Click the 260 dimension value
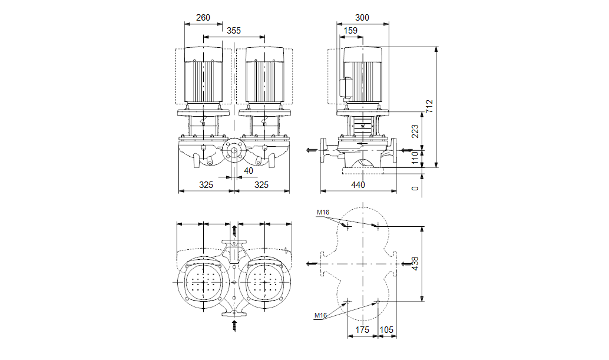203,18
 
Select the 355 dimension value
234,31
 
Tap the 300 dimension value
362,18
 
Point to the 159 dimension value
350,31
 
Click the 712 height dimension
429,106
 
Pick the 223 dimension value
415,131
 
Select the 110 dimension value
415,157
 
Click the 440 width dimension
358,185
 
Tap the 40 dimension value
248,171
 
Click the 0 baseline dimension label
415,189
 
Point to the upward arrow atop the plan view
234,229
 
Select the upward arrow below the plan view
234,325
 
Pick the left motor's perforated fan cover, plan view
205,283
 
